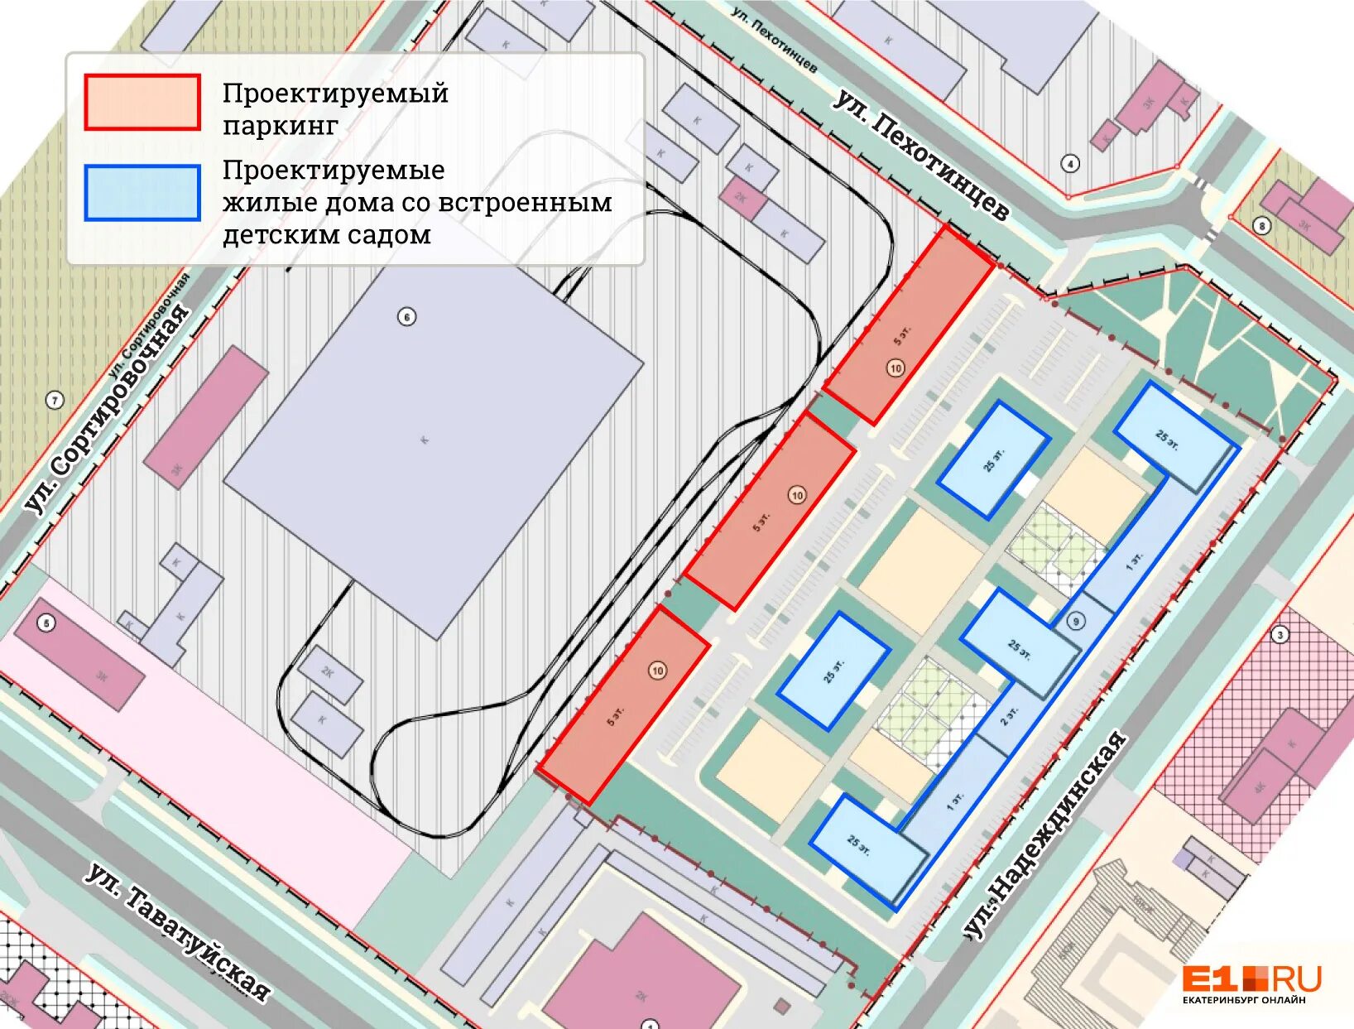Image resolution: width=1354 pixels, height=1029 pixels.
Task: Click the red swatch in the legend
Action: pyautogui.click(x=142, y=103)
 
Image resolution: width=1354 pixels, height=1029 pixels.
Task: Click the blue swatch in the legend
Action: pyautogui.click(x=142, y=192)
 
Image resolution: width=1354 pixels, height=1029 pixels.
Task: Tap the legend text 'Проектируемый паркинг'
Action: pyautogui.click(x=334, y=108)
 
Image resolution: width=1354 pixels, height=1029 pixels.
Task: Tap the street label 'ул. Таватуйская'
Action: pyautogui.click(x=179, y=931)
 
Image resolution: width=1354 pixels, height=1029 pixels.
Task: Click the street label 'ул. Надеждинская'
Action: pyautogui.click(x=1045, y=836)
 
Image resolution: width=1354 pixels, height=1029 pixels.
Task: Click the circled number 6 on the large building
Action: pyautogui.click(x=406, y=316)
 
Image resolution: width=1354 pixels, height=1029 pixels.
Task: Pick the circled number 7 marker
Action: pyautogui.click(x=55, y=401)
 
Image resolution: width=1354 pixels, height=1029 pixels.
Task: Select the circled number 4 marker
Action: pyautogui.click(x=1070, y=163)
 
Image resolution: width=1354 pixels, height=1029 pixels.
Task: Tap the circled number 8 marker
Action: pyautogui.click(x=1261, y=225)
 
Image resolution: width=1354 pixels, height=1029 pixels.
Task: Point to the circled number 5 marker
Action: pyautogui.click(x=46, y=623)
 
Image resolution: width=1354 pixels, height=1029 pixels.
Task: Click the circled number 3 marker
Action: pyautogui.click(x=1280, y=635)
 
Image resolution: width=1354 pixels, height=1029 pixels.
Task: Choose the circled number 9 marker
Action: pyautogui.click(x=1075, y=621)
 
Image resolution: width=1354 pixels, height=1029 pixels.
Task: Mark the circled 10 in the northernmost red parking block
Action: pyautogui.click(x=895, y=368)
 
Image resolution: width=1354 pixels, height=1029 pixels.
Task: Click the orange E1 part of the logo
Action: pyautogui.click(x=1209, y=979)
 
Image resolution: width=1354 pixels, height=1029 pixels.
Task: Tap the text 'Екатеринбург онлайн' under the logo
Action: pyautogui.click(x=1244, y=1000)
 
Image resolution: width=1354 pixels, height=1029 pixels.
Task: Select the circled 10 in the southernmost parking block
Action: pyautogui.click(x=657, y=671)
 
